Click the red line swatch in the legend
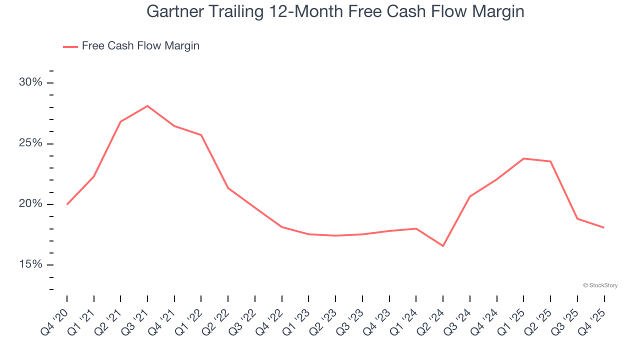70,46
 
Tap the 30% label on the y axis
30,82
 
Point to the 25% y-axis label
30,143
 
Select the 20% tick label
30,204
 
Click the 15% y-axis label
30,264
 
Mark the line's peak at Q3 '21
147,106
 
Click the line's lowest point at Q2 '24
443,246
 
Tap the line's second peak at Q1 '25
523,158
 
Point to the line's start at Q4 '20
67,204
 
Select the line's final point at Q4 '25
604,227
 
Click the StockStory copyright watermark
600,285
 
